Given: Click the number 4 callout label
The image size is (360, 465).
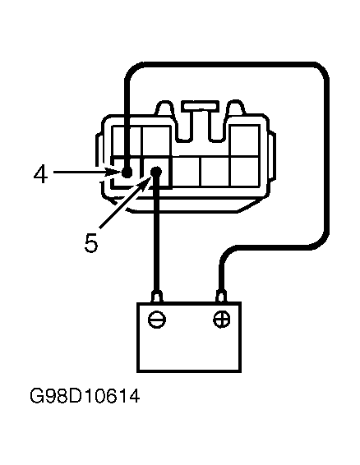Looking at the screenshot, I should [40, 173].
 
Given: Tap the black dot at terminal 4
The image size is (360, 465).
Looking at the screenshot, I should [127, 173].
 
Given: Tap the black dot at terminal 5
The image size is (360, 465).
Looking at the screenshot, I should [156, 173].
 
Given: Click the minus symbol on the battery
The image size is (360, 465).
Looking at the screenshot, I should [157, 320].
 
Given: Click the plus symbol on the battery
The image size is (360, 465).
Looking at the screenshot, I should [221, 320].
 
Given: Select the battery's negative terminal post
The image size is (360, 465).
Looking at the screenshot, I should [156, 295].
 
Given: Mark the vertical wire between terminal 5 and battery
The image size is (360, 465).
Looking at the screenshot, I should [156, 238].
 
